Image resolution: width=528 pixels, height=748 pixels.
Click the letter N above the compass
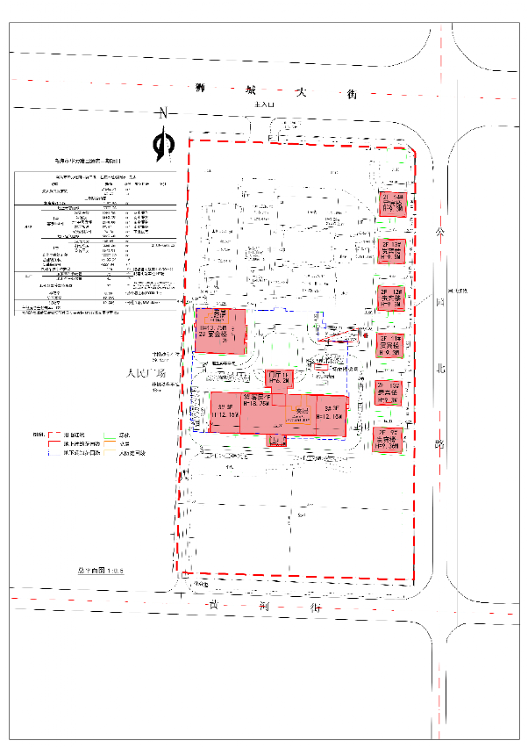pyautogui.click(x=162, y=113)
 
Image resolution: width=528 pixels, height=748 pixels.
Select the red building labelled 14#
pyautogui.click(x=390, y=203)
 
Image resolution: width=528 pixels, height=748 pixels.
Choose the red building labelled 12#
pyautogui.click(x=390, y=298)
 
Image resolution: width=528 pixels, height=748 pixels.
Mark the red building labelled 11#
pyautogui.click(x=390, y=345)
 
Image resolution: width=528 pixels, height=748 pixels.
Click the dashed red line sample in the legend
pyautogui.click(x=56, y=435)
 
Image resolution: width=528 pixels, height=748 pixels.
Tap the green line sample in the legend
pyautogui.click(x=109, y=435)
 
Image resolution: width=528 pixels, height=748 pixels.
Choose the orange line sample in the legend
pyautogui.click(x=109, y=445)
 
